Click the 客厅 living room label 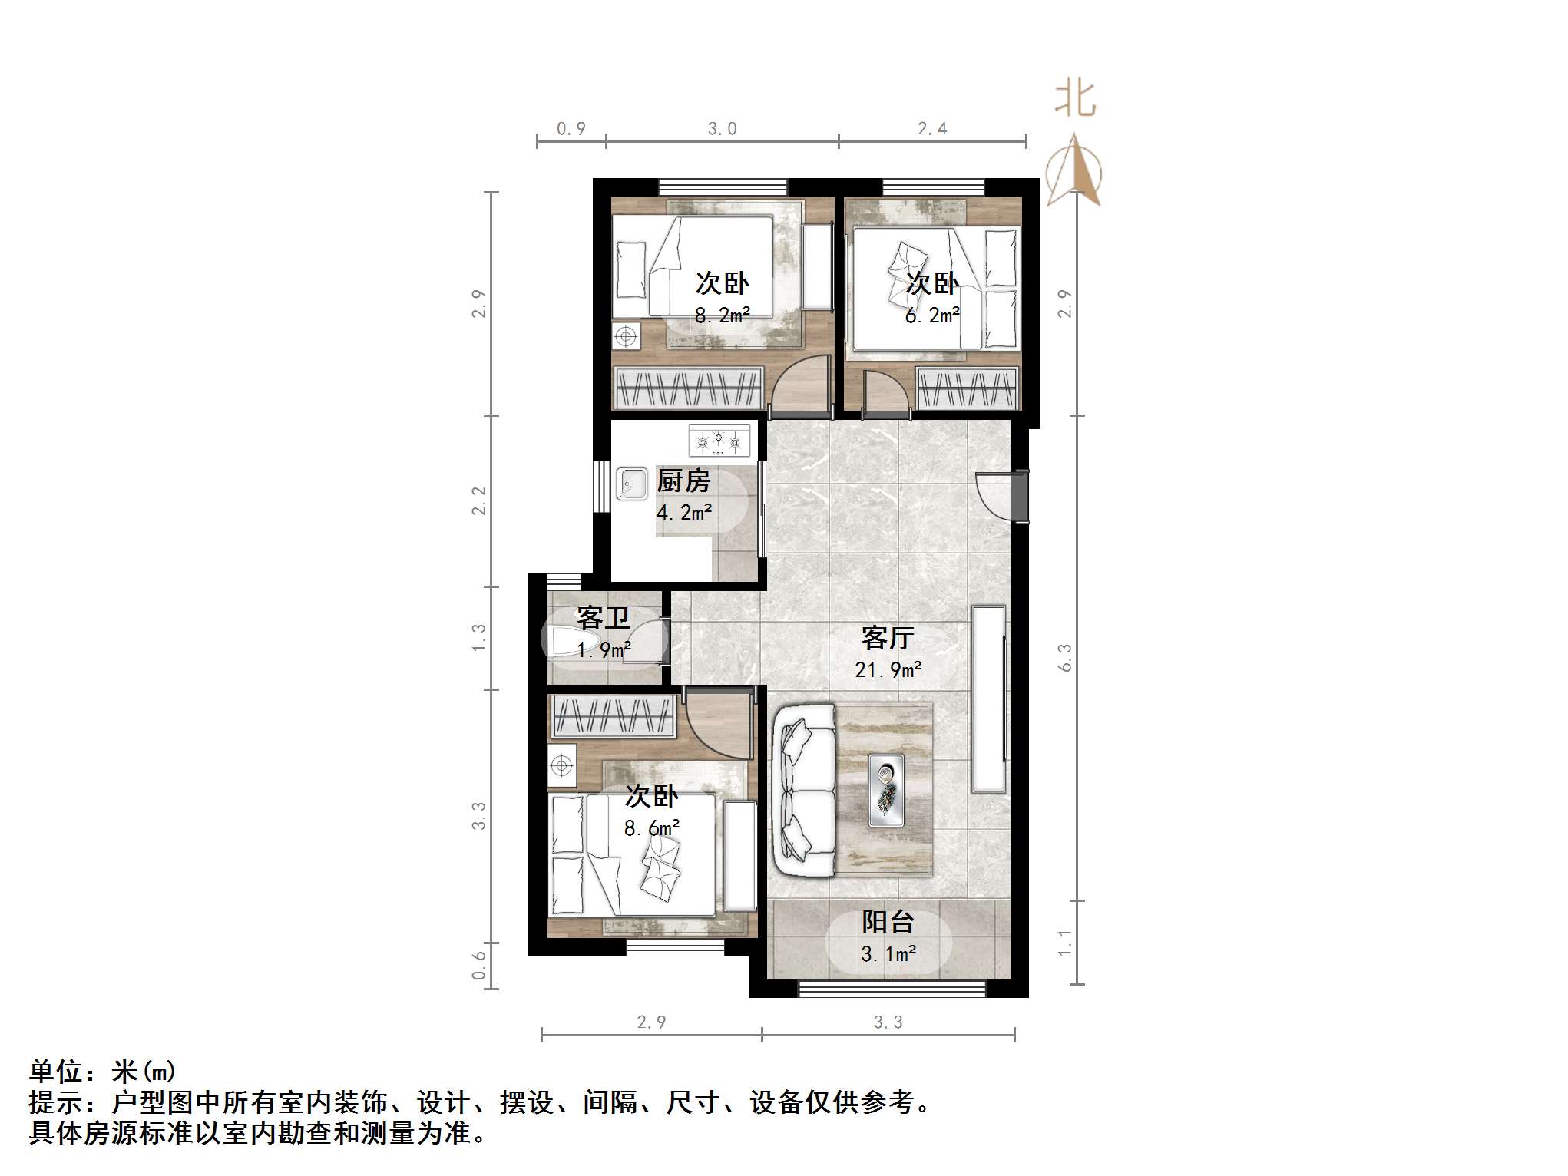click(x=888, y=638)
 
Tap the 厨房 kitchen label click(x=683, y=481)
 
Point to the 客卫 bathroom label click(x=603, y=618)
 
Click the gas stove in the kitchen click(x=719, y=441)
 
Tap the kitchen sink click(x=631, y=484)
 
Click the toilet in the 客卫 click(x=568, y=640)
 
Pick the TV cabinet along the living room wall click(x=988, y=699)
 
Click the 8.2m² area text click(x=722, y=315)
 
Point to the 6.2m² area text click(x=931, y=315)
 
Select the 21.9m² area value click(x=888, y=670)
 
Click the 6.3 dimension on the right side click(x=1065, y=658)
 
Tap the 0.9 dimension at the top click(x=571, y=129)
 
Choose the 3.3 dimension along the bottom click(x=888, y=1022)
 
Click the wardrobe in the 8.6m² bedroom click(x=613, y=715)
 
